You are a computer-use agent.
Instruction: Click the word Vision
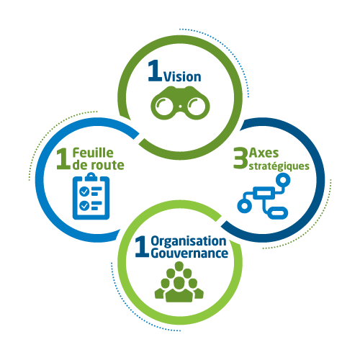tap(182, 77)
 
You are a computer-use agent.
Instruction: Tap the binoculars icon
tap(180, 103)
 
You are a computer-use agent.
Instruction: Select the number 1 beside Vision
tap(155, 71)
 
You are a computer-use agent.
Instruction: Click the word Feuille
tap(93, 153)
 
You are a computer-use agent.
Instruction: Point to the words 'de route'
tap(99, 165)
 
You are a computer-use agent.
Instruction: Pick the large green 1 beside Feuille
tap(63, 158)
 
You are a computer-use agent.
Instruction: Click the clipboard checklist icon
tap(91, 197)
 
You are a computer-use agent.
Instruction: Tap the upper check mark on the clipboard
tap(84, 192)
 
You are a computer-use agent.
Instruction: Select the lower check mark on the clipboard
tap(84, 206)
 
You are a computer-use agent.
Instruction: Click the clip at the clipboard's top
tap(91, 177)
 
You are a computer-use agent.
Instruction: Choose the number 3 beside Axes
tap(240, 158)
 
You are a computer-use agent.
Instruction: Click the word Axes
tap(264, 153)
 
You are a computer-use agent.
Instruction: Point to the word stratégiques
tap(279, 166)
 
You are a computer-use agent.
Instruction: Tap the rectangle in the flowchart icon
tap(266, 193)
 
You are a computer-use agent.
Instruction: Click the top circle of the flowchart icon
tap(283, 180)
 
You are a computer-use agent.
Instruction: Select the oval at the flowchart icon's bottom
tap(278, 212)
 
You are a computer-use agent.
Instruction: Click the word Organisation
tap(189, 241)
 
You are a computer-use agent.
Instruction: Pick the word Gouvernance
tap(189, 253)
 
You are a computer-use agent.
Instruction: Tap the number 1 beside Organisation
tap(142, 247)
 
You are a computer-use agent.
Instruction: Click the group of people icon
tap(179, 282)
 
